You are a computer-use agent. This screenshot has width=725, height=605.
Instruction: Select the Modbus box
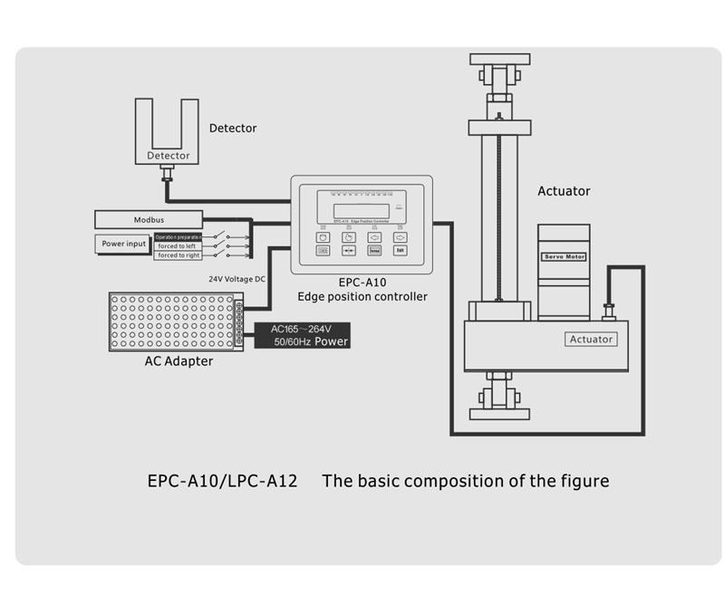click(x=148, y=219)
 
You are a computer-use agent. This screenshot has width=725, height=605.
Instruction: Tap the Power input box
click(x=123, y=244)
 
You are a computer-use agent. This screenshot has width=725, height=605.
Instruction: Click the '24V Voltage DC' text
click(x=237, y=279)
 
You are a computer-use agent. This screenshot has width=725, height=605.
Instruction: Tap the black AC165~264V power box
click(x=303, y=335)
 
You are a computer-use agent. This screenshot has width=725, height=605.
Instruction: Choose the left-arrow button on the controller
click(x=374, y=236)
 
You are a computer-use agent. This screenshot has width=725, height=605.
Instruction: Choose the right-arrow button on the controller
click(x=400, y=236)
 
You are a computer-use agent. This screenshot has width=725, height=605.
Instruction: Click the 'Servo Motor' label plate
click(x=564, y=257)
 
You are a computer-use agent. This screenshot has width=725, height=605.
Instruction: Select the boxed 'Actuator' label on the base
click(x=591, y=340)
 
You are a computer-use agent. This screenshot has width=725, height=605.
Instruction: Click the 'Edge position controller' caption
click(x=362, y=296)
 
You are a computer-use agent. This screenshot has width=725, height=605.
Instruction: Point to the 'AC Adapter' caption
click(x=179, y=361)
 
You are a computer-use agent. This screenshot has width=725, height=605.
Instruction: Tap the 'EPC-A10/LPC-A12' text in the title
click(x=222, y=480)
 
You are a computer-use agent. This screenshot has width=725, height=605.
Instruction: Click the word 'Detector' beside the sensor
click(x=233, y=129)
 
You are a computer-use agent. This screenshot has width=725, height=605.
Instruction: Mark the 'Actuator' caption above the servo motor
click(x=564, y=191)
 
